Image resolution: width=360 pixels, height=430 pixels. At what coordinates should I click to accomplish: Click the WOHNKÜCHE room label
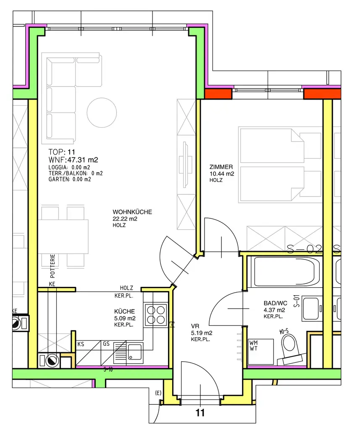tap(132, 212)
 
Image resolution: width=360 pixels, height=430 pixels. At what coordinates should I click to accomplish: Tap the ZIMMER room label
tap(221, 167)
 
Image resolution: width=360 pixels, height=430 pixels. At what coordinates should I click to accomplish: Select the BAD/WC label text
tap(275, 303)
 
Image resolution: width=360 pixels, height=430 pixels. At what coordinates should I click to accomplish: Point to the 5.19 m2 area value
tap(202, 333)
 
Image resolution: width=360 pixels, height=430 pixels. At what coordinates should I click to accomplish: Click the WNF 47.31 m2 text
tap(73, 160)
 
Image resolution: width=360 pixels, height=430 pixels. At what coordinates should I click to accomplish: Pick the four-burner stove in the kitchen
tap(155, 315)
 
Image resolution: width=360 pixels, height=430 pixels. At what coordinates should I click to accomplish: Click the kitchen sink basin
tap(135, 351)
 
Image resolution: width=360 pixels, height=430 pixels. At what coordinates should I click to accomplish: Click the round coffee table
tap(102, 112)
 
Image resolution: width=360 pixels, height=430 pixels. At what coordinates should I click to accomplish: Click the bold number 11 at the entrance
tap(200, 413)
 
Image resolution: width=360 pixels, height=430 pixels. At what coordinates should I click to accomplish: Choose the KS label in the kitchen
tap(81, 343)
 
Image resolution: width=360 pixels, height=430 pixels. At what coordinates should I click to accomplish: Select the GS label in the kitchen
tap(106, 343)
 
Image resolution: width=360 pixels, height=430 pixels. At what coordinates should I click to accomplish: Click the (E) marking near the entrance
tap(158, 393)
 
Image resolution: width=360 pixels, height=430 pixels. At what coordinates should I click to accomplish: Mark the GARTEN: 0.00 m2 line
tap(70, 179)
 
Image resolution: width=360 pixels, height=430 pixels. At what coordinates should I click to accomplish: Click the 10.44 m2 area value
tap(222, 173)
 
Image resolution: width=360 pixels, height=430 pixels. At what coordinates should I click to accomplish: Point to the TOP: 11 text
tap(61, 152)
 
